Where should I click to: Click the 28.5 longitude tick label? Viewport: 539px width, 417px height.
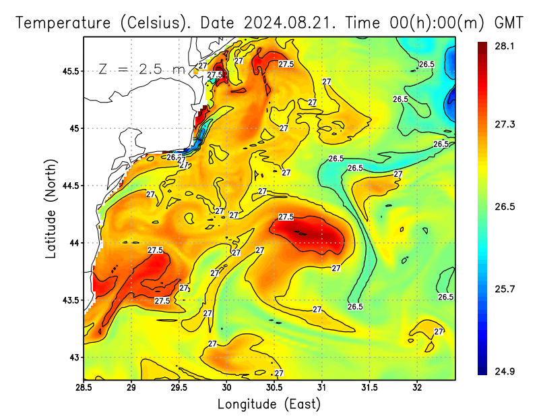(84, 387)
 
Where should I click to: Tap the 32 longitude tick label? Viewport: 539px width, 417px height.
(417, 387)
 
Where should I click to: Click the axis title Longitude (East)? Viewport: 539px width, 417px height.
(269, 404)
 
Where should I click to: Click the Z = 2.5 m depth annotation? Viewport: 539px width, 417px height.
(141, 69)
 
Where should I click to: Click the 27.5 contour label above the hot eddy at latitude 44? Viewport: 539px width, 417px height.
(286, 217)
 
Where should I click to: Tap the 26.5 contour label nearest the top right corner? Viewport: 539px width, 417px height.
(426, 64)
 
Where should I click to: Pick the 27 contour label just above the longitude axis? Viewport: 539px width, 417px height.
(278, 373)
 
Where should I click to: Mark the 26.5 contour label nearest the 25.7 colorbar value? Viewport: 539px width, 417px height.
(445, 297)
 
